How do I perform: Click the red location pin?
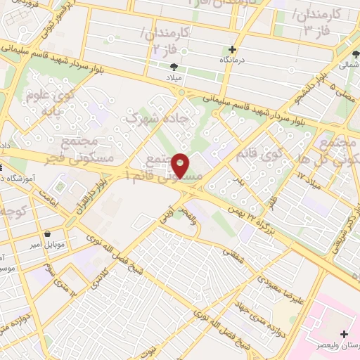(x=181, y=165)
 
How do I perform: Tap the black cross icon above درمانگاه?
(x=232, y=49)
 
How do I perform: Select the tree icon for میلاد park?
(x=173, y=67)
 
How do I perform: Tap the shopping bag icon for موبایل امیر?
(x=46, y=234)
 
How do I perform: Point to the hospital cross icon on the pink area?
(x=343, y=333)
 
